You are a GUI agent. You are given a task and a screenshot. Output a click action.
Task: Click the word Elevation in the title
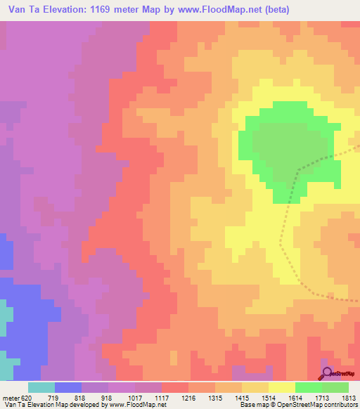63,10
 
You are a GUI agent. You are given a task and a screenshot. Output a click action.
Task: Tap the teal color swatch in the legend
41,387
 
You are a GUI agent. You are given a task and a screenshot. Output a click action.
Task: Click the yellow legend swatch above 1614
281,387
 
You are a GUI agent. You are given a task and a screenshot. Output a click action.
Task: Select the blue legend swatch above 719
67,387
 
